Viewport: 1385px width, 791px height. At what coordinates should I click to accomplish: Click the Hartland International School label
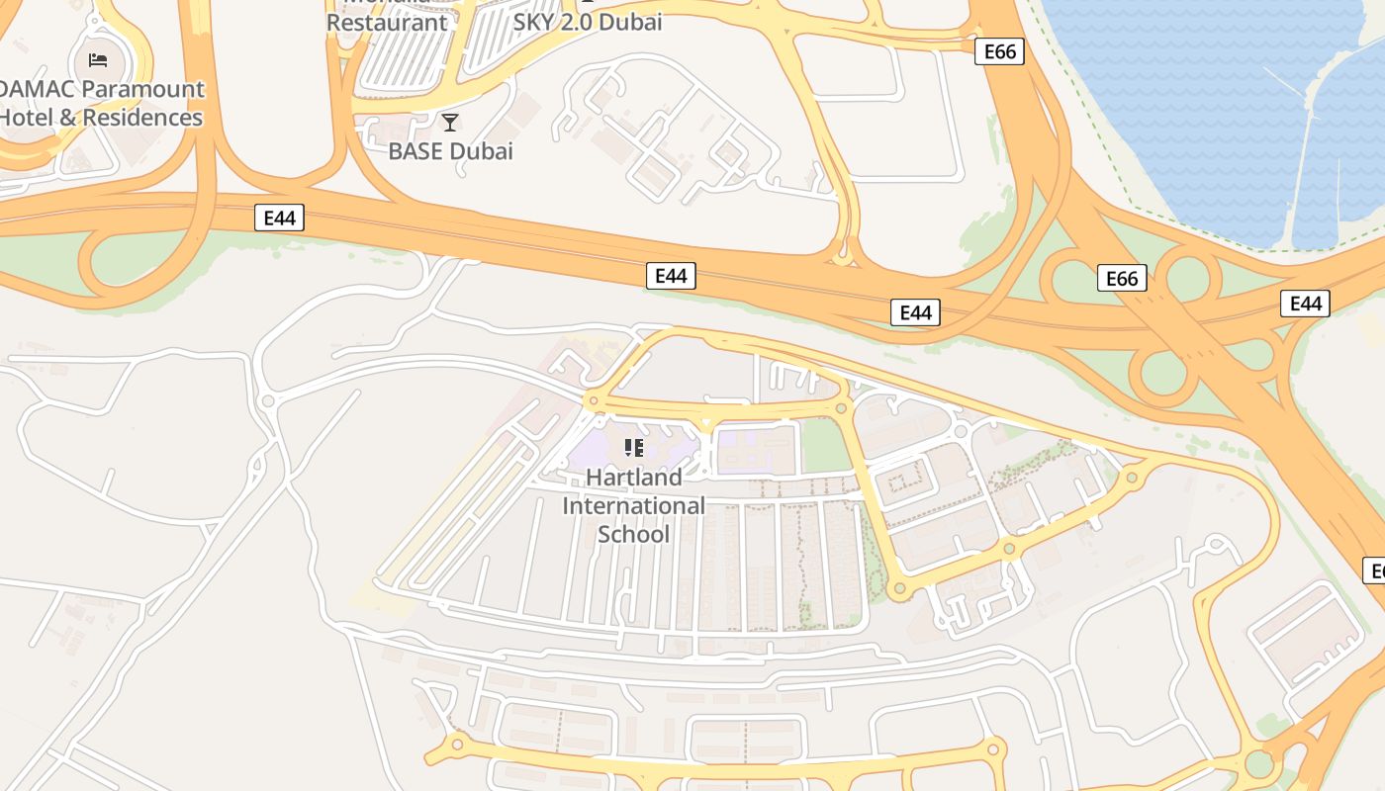tap(633, 505)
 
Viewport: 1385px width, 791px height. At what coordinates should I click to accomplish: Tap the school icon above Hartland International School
tap(634, 448)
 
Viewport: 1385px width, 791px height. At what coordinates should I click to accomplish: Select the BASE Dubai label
tap(450, 151)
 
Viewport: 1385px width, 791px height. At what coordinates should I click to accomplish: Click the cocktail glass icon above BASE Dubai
tap(450, 123)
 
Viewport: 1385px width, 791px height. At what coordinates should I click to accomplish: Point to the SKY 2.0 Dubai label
tap(588, 21)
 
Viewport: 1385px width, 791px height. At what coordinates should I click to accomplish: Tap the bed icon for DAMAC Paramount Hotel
tap(98, 60)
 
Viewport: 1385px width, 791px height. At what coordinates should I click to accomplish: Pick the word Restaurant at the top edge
tap(387, 21)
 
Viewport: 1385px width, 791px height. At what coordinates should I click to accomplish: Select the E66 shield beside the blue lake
tap(999, 51)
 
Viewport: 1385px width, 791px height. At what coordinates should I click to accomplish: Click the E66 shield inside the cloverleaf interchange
tap(1122, 279)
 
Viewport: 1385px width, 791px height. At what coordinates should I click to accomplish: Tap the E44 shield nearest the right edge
tap(1305, 304)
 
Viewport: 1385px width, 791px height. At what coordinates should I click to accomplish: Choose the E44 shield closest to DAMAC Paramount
tap(279, 219)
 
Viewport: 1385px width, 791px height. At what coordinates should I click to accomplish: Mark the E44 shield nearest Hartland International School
tap(671, 276)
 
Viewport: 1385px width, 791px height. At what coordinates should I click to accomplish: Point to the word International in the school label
tap(633, 506)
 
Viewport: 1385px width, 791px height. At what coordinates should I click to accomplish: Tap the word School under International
tap(633, 535)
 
